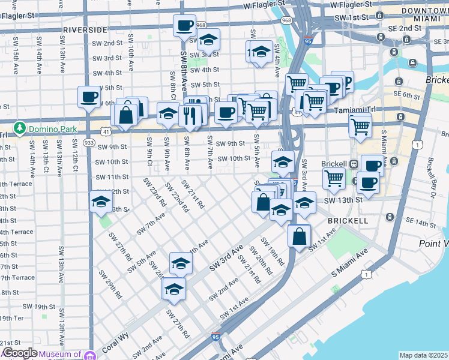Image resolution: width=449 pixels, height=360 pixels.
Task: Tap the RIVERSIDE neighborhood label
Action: (x=85, y=29)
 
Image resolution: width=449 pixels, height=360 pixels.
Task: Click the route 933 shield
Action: (x=89, y=142)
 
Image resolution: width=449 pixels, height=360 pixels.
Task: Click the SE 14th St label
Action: (x=420, y=223)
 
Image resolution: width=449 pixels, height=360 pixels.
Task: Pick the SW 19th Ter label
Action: (x=11, y=318)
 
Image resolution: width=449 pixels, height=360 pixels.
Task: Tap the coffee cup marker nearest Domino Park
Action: (x=89, y=97)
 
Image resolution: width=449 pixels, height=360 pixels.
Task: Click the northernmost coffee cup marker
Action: (x=184, y=25)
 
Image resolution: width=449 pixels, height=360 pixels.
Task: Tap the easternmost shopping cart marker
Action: (x=360, y=125)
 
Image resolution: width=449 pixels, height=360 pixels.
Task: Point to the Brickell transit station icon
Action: (x=354, y=164)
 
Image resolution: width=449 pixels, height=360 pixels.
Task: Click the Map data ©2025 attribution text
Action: (x=423, y=355)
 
